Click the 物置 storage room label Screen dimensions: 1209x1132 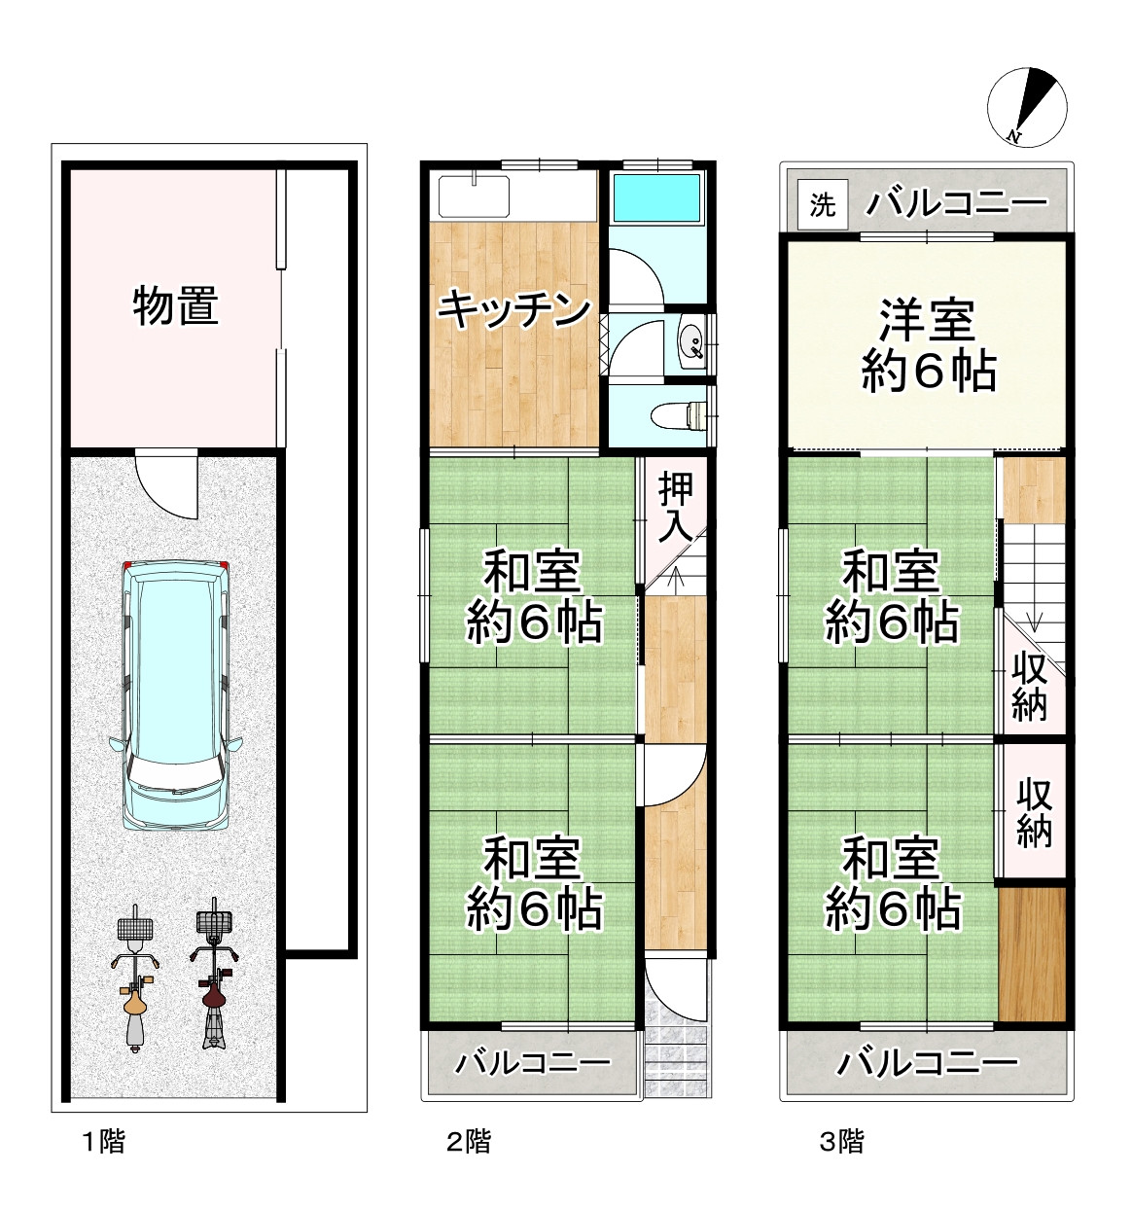tap(175, 306)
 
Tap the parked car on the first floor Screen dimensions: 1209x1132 tap(176, 694)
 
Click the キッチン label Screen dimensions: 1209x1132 tap(513, 309)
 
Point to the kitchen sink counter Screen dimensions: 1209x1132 tap(475, 197)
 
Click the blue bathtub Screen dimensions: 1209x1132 tap(656, 200)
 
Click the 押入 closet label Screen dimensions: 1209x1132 tap(676, 508)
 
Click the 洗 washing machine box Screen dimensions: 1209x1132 tap(823, 205)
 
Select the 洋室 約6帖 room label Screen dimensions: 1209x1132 tap(928, 345)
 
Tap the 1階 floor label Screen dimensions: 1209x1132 tap(103, 1141)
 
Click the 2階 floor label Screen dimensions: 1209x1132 tap(469, 1141)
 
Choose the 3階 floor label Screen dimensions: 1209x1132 tap(841, 1141)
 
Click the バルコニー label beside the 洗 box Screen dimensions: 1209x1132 tap(957, 204)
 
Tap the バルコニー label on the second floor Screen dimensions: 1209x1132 tap(534, 1061)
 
